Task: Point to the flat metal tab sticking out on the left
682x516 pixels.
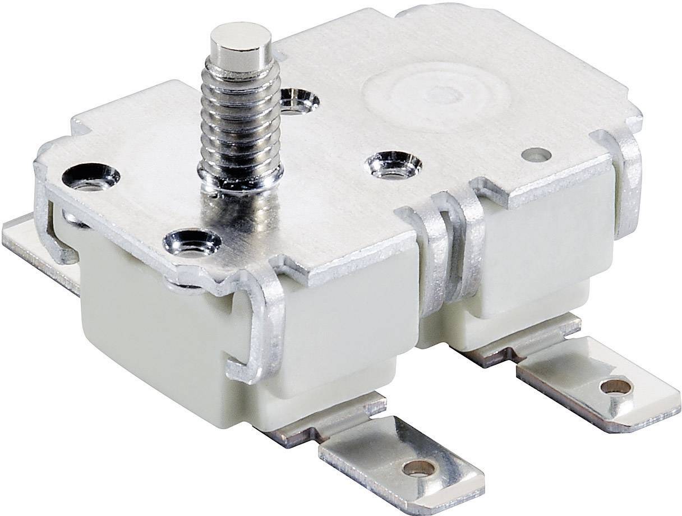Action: tap(34, 241)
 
